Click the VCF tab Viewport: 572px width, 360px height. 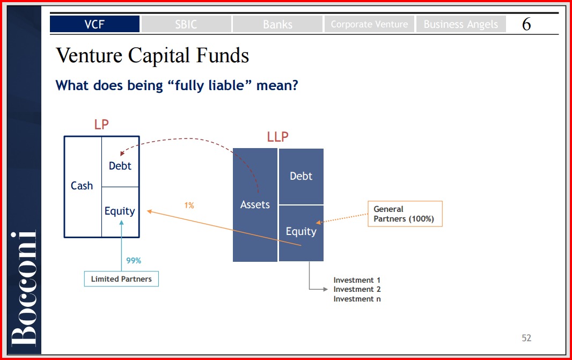pyautogui.click(x=94, y=24)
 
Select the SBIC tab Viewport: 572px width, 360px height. pyautogui.click(x=186, y=24)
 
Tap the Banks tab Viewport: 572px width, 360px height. pyautogui.click(x=277, y=24)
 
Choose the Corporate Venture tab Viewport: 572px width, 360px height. pyautogui.click(x=369, y=24)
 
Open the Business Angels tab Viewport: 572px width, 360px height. pyautogui.click(x=461, y=24)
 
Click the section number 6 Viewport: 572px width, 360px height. pyautogui.click(x=526, y=24)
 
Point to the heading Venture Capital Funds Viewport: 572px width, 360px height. pyautogui.click(x=152, y=55)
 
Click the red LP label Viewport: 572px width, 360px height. pyautogui.click(x=101, y=124)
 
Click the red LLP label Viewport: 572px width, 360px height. pyautogui.click(x=277, y=137)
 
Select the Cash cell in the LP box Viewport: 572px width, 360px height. pyautogui.click(x=83, y=187)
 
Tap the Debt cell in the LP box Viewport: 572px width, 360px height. pyautogui.click(x=120, y=162)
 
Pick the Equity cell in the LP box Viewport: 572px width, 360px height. pyautogui.click(x=120, y=212)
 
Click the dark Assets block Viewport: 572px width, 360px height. pyautogui.click(x=255, y=204)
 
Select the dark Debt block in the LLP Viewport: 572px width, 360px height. pyautogui.click(x=301, y=176)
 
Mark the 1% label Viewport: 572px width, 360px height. pyautogui.click(x=189, y=205)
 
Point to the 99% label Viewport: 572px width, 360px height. pyautogui.click(x=134, y=260)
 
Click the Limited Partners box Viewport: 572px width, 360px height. pyautogui.click(x=121, y=278)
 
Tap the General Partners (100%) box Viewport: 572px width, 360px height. pyautogui.click(x=405, y=214)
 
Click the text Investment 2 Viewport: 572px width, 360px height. pyautogui.click(x=357, y=289)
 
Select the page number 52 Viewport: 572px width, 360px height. pyautogui.click(x=526, y=338)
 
